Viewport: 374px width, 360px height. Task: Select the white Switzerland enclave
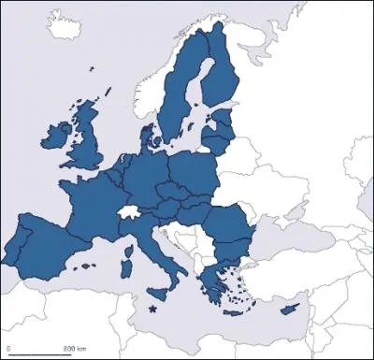pyautogui.click(x=129, y=214)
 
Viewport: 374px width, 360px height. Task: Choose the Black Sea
pyautogui.click(x=280, y=238)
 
